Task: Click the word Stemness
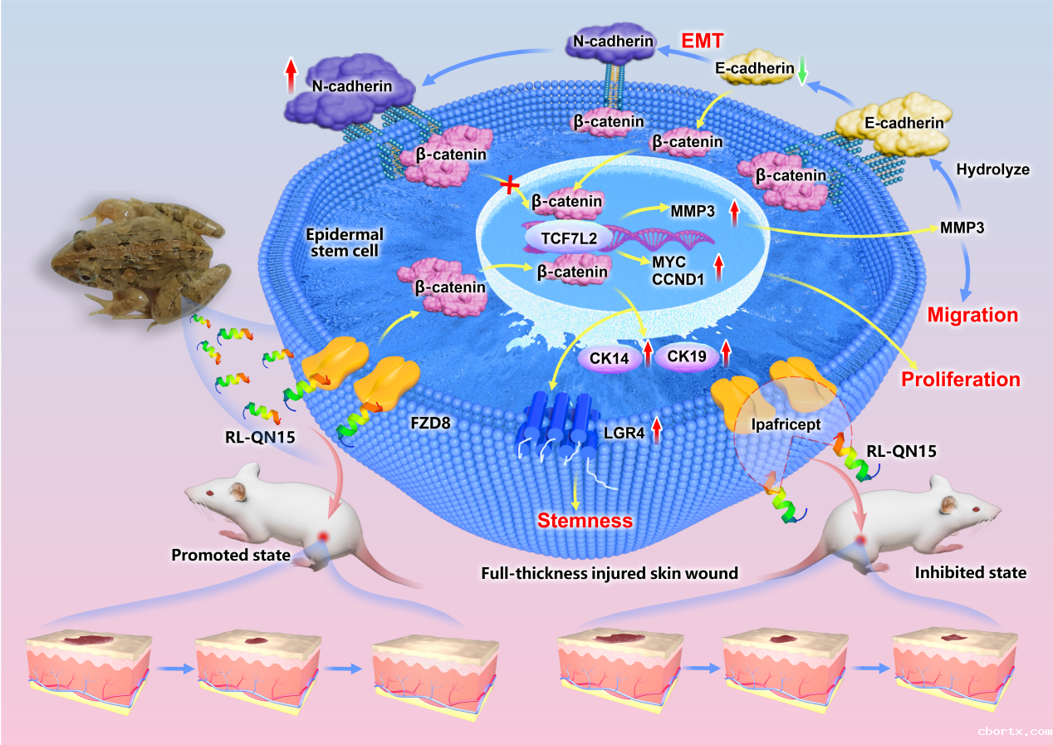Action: (585, 521)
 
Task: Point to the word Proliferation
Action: (961, 380)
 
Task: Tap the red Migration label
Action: (972, 315)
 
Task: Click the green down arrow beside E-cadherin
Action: (802, 72)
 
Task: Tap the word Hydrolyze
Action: (992, 169)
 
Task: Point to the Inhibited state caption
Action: (970, 572)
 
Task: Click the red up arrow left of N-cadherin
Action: (291, 76)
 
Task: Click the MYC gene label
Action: (669, 262)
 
